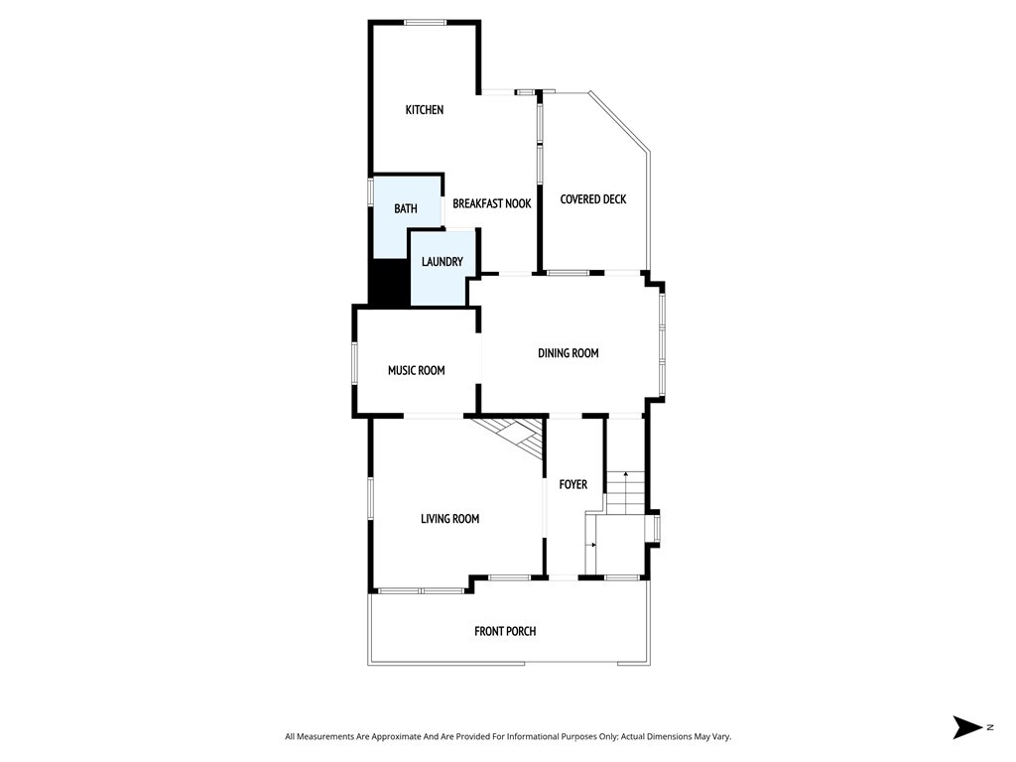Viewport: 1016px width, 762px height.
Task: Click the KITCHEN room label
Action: (424, 110)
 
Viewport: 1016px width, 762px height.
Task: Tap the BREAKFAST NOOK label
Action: (491, 203)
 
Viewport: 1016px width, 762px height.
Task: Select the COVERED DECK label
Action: (592, 199)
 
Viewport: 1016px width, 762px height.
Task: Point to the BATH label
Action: (405, 208)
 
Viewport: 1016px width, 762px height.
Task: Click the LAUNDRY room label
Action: (442, 262)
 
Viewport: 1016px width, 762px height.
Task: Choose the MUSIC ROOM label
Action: (416, 370)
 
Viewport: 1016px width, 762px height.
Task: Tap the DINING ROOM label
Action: (568, 353)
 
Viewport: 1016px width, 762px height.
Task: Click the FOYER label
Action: (572, 485)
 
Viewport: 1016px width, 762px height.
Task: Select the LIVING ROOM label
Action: (449, 519)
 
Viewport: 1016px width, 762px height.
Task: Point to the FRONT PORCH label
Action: (505, 631)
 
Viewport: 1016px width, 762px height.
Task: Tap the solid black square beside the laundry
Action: (389, 283)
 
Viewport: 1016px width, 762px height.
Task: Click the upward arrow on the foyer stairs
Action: (626, 476)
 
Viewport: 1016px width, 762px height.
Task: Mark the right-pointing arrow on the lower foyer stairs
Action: (592, 545)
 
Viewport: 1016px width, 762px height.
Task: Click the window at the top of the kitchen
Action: (424, 22)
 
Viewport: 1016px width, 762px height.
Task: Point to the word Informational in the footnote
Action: (530, 737)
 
